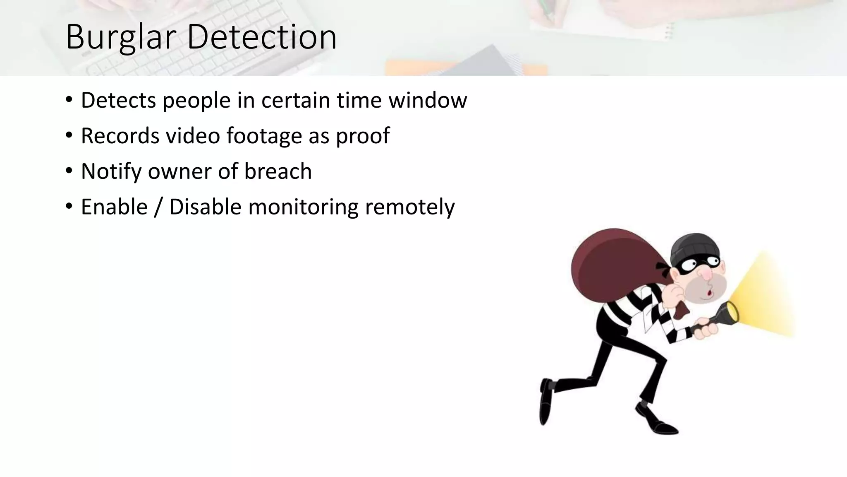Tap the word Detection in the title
tap(261, 37)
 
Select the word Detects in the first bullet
tap(118, 100)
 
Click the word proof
tap(362, 137)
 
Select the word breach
tap(278, 171)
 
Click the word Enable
tap(114, 207)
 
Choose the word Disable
tap(205, 207)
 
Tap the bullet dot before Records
tap(69, 135)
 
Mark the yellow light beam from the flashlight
tap(765, 298)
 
